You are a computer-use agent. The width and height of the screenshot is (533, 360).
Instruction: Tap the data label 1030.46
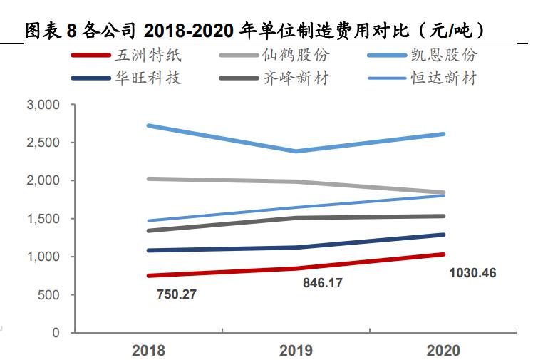(472, 273)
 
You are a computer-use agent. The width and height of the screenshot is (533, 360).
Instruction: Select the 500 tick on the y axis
(49, 295)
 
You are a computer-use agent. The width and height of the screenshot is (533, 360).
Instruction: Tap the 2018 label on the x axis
(148, 350)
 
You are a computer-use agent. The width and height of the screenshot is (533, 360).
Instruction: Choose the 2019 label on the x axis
(296, 350)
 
